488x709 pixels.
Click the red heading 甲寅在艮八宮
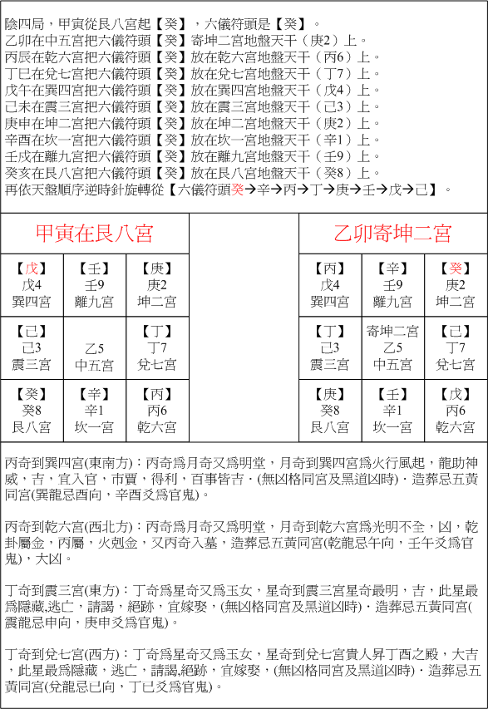95,233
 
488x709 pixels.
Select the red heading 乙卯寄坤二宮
392,233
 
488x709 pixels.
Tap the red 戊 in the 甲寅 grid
32,268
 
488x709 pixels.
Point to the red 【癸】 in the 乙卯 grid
455,268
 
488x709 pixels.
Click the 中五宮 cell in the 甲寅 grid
95,364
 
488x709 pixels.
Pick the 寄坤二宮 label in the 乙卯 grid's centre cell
392,332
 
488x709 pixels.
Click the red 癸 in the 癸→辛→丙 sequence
238,190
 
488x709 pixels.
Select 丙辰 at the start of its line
16,58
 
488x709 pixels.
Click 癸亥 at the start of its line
16,174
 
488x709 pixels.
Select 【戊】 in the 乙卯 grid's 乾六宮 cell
455,394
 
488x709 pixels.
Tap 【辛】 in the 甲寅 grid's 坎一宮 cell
95,394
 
